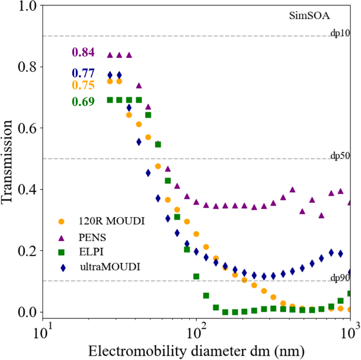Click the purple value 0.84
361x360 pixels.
tap(83, 53)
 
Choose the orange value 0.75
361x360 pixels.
tap(83, 85)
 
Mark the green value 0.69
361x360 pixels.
tap(83, 102)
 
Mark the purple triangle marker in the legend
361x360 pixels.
tap(61, 236)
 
